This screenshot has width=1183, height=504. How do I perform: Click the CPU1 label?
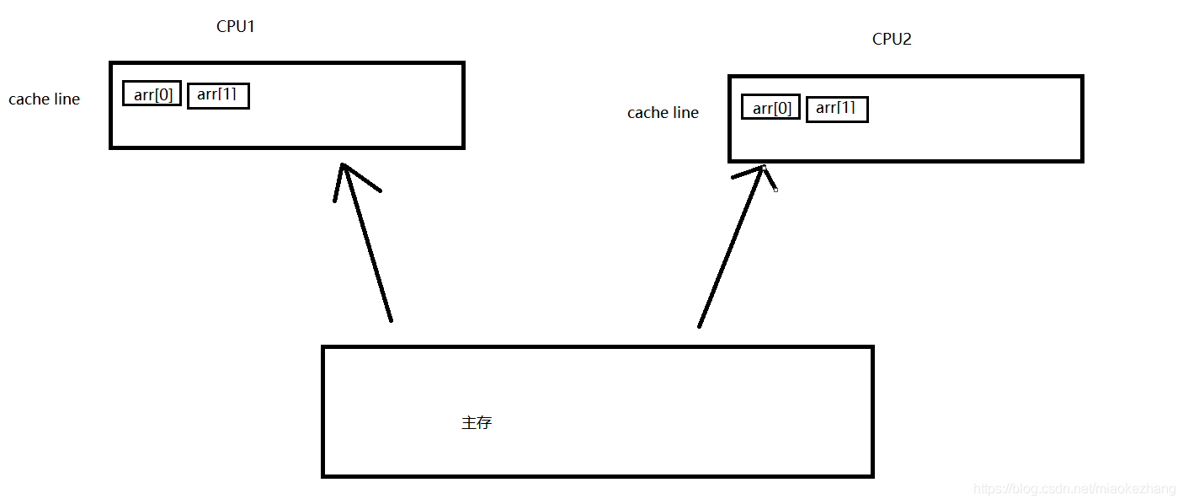coord(236,26)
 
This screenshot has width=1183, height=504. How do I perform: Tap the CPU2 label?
coord(892,40)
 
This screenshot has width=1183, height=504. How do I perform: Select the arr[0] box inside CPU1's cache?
coord(152,94)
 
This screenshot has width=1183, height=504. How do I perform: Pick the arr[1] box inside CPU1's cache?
coord(218,95)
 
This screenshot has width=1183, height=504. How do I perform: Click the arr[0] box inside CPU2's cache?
coord(771,108)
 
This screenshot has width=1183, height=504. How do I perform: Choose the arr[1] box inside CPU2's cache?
coord(836,109)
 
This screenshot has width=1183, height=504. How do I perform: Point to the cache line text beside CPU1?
coord(44,99)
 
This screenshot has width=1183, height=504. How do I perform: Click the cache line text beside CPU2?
coord(663,113)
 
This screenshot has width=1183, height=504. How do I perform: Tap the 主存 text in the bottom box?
coord(477,423)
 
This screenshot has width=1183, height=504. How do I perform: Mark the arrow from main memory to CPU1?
coord(367,244)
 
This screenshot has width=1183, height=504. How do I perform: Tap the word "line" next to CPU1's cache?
coord(67,99)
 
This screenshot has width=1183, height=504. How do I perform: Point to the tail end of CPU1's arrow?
coord(391,319)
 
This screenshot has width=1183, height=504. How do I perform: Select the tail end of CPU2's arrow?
coord(699,325)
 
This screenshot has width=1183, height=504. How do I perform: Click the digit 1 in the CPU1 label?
coord(250,26)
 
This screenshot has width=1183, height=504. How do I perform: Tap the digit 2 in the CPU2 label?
coord(907,40)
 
